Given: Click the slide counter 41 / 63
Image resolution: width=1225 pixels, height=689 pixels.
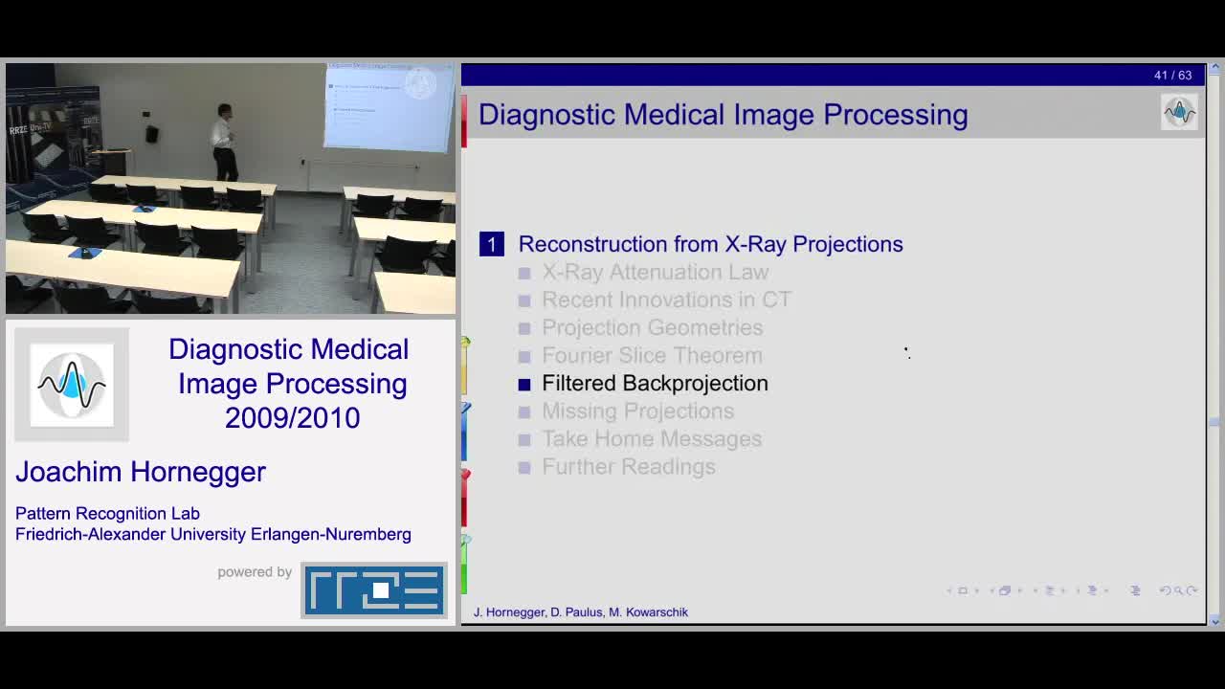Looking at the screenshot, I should pyautogui.click(x=1172, y=76).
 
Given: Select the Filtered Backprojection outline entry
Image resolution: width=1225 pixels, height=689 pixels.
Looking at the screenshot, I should pyautogui.click(x=655, y=384).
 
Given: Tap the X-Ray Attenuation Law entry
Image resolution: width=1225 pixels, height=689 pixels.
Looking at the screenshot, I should pyautogui.click(x=655, y=273).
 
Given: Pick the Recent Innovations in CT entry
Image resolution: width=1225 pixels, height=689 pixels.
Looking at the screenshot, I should pyautogui.click(x=666, y=300).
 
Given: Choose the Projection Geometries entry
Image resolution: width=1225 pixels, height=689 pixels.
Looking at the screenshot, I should pyautogui.click(x=652, y=328).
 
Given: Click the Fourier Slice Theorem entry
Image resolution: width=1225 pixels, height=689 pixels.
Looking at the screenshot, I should pyautogui.click(x=652, y=356).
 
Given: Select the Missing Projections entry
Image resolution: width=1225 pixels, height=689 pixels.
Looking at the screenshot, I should pyautogui.click(x=637, y=411).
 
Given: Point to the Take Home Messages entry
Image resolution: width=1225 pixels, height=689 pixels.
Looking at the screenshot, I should pyautogui.click(x=651, y=439).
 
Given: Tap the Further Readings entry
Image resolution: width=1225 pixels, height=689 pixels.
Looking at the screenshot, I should pyautogui.click(x=628, y=467).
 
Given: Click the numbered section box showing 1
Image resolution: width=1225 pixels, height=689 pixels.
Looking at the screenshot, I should pyautogui.click(x=491, y=245).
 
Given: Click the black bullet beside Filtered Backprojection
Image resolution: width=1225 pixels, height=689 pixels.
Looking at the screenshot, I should pyautogui.click(x=524, y=385).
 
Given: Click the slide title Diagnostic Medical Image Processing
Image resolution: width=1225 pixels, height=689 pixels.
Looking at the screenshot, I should pyautogui.click(x=723, y=115).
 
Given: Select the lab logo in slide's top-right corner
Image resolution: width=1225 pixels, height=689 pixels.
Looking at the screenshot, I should pyautogui.click(x=1179, y=113).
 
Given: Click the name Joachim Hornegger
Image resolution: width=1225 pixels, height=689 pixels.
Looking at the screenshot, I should pyautogui.click(x=141, y=472).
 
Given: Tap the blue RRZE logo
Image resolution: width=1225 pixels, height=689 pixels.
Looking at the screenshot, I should pyautogui.click(x=374, y=589).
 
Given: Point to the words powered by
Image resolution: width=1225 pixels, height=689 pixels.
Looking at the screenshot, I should pyautogui.click(x=255, y=572).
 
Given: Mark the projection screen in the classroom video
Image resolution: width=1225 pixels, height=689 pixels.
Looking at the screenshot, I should pyautogui.click(x=388, y=107).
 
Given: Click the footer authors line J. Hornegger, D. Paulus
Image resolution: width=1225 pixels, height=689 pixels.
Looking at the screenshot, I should pyautogui.click(x=580, y=612).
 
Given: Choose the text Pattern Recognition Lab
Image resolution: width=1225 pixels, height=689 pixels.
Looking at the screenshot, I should pyautogui.click(x=107, y=514).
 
